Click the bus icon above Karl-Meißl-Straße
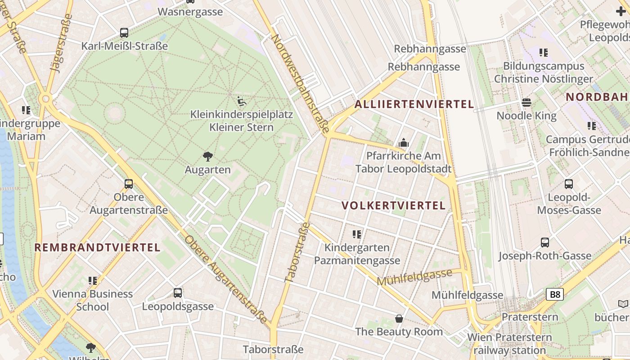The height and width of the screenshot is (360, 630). (124, 32)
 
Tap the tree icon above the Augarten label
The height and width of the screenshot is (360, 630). (207, 157)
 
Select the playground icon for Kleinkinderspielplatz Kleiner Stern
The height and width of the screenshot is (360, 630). (242, 101)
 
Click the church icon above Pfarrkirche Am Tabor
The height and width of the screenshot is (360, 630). (404, 143)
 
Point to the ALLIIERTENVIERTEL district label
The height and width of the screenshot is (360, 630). (414, 104)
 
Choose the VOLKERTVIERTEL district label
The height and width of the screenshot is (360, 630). (393, 206)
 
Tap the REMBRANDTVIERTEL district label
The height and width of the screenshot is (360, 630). (97, 247)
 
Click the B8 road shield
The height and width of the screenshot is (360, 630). (555, 295)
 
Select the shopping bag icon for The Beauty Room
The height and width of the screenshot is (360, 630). (399, 319)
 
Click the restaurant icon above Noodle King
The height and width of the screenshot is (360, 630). (526, 103)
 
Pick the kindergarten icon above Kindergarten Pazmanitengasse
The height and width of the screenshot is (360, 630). (357, 234)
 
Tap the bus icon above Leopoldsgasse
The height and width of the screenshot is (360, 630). (178, 293)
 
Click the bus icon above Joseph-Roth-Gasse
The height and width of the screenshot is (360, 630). (545, 243)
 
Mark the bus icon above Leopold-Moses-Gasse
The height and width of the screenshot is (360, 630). (569, 184)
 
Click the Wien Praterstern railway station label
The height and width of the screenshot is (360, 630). (509, 343)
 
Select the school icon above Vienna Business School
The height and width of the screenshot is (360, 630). (93, 281)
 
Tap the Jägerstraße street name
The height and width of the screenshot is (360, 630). (62, 43)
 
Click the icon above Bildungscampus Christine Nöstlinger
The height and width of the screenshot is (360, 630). (544, 53)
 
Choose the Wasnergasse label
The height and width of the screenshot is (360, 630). (190, 12)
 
